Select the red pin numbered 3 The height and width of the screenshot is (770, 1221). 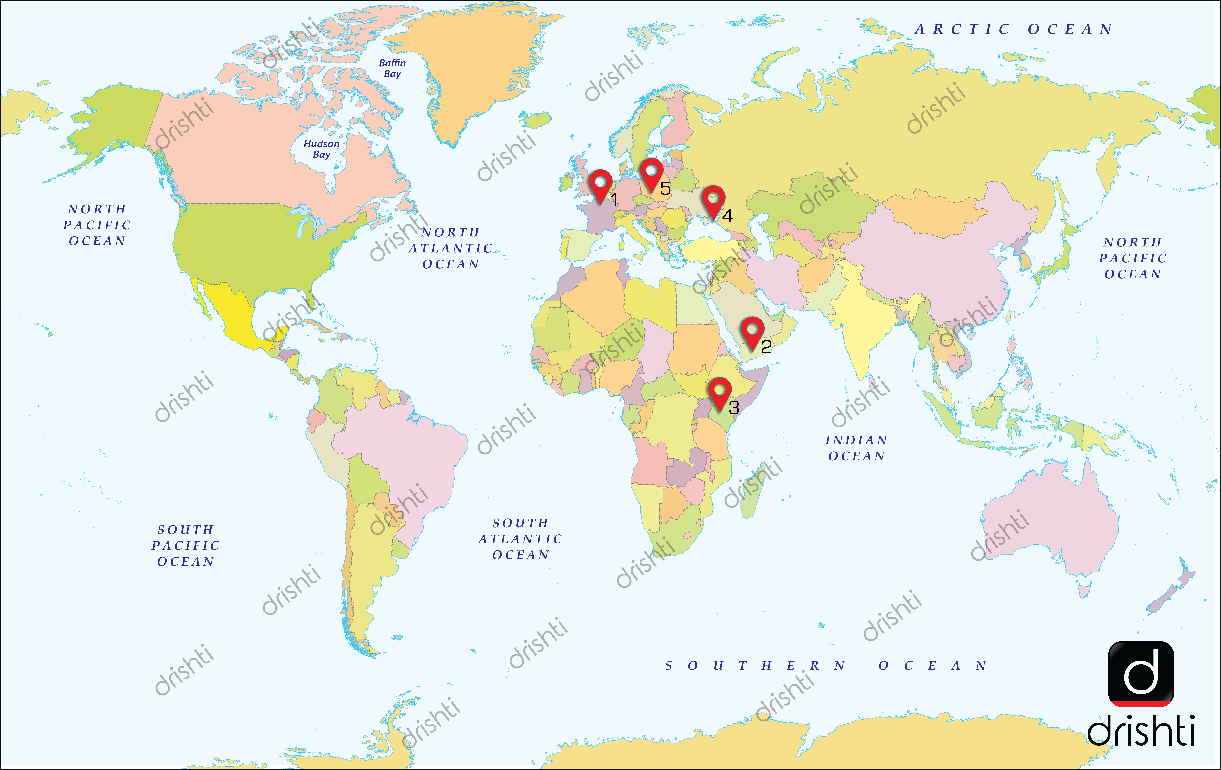pos(720,392)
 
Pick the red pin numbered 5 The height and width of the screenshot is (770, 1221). pos(651,173)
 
